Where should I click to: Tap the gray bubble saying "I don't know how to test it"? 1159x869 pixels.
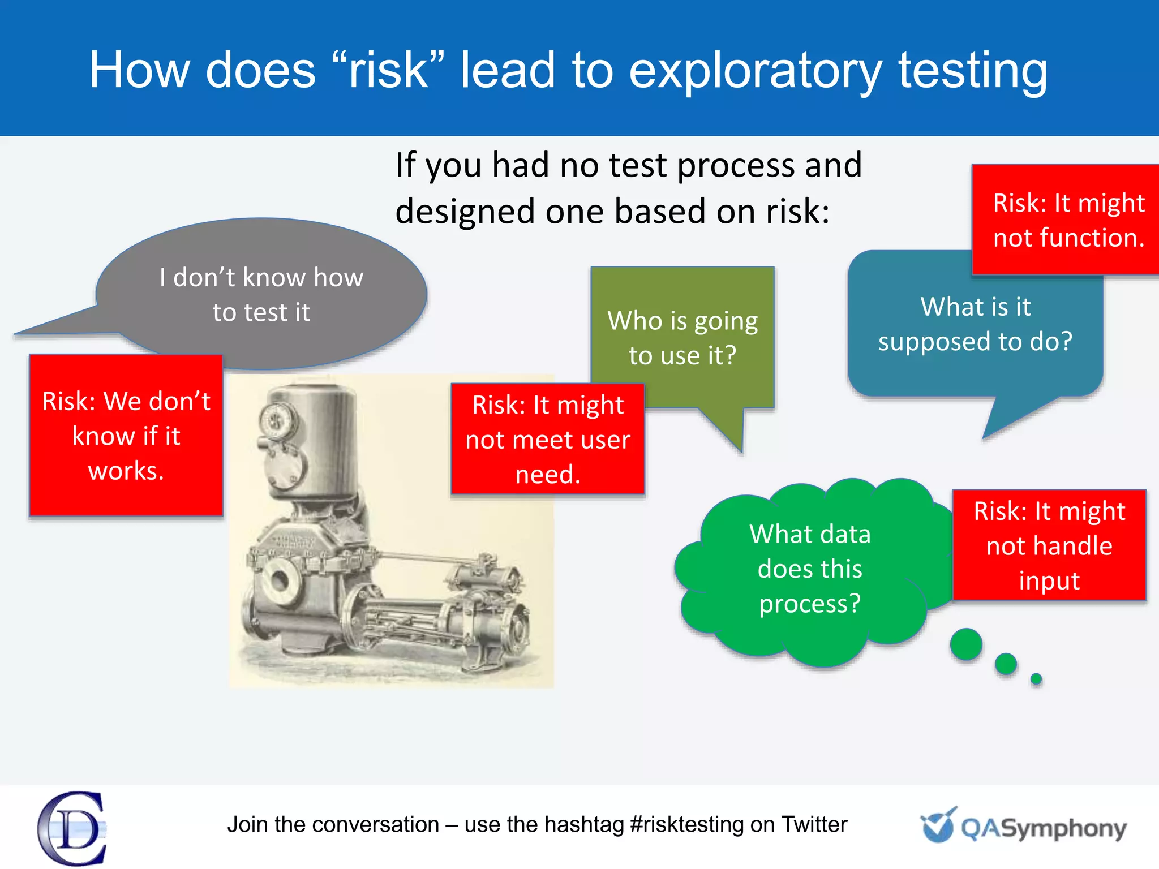click(261, 294)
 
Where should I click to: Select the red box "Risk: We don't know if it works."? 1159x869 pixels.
click(126, 436)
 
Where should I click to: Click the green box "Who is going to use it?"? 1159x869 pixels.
click(682, 338)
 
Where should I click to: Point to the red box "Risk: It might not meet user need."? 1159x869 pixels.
click(547, 439)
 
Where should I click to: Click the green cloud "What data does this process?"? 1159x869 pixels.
click(809, 569)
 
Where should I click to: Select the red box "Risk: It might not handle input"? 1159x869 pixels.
click(1049, 545)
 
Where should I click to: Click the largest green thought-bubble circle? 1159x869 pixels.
click(966, 644)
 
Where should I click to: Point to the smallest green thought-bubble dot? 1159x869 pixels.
click(1036, 679)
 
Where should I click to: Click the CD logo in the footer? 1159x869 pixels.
click(72, 828)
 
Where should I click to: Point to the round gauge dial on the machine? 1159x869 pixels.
click(277, 421)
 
